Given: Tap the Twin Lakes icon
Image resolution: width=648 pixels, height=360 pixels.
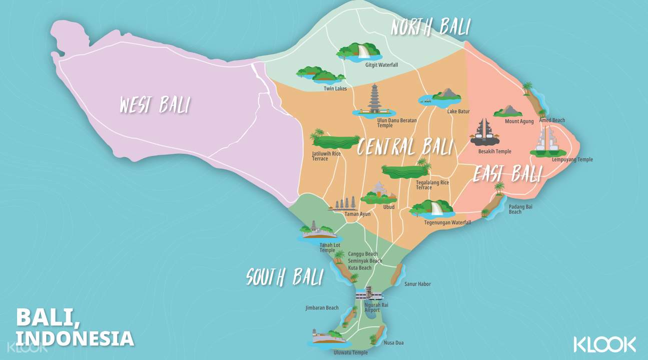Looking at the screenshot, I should click(x=321, y=74).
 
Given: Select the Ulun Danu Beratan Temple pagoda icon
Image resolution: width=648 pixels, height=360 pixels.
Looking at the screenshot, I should click(x=374, y=100).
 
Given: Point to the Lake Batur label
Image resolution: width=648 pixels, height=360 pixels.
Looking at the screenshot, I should click(x=458, y=111).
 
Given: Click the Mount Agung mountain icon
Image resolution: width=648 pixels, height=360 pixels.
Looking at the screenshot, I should click(x=508, y=111).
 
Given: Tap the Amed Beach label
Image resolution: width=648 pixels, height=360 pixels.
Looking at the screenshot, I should click(x=552, y=120).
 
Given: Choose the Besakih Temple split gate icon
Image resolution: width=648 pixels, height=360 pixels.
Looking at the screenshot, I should click(x=484, y=132).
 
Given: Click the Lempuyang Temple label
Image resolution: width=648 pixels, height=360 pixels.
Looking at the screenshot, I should click(x=572, y=159).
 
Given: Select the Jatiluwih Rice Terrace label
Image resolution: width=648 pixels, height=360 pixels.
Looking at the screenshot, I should click(x=326, y=156).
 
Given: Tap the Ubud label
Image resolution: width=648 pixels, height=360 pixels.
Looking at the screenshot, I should click(x=389, y=207).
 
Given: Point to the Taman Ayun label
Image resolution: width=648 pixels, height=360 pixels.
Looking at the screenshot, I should click(x=357, y=214).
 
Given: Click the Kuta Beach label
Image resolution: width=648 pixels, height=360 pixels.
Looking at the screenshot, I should click(x=360, y=268).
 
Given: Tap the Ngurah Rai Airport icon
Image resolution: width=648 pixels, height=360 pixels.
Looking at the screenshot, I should click(x=368, y=293).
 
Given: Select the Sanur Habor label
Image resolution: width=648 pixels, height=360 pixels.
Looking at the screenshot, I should click(x=417, y=284).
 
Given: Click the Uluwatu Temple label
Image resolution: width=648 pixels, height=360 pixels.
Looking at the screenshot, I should click(x=350, y=353).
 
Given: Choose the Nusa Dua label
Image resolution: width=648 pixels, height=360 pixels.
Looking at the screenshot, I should click(x=393, y=343).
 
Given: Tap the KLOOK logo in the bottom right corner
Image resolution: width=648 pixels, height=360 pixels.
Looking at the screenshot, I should click(x=604, y=344).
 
